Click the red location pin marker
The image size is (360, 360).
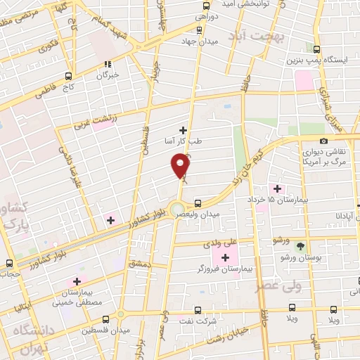pyautogui.click(x=181, y=165)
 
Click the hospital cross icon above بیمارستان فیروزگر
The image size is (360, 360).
pyautogui.click(x=225, y=257)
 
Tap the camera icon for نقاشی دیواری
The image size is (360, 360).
pyautogui.click(x=323, y=141)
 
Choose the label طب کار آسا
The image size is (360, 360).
pyautogui.click(x=183, y=141)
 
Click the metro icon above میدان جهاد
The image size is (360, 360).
pyautogui.click(x=200, y=30)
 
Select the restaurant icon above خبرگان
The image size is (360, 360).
pyautogui.click(x=108, y=65)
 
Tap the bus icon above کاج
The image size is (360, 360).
pyautogui.click(x=68, y=75)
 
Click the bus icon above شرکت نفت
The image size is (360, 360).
pyautogui.click(x=195, y=309)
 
